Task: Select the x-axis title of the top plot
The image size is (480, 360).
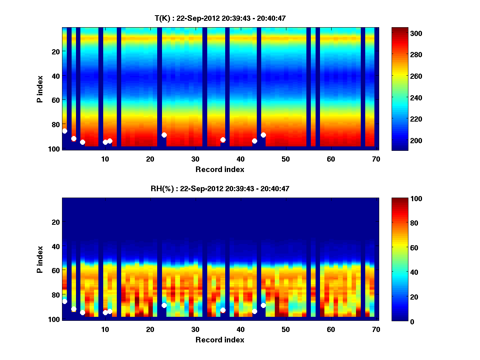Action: (220, 169)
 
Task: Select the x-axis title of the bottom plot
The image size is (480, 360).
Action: (220, 340)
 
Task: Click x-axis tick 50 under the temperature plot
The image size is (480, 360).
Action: (286, 159)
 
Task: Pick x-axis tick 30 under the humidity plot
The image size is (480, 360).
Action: (195, 329)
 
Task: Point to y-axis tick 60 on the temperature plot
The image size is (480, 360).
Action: (55, 100)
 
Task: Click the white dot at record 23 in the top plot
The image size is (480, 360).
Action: (164, 135)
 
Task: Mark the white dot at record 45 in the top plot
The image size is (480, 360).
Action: (263, 135)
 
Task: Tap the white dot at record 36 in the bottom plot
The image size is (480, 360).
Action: (223, 310)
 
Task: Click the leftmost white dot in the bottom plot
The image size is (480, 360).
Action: (65, 301)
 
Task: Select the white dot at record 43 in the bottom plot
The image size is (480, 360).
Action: (254, 311)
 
